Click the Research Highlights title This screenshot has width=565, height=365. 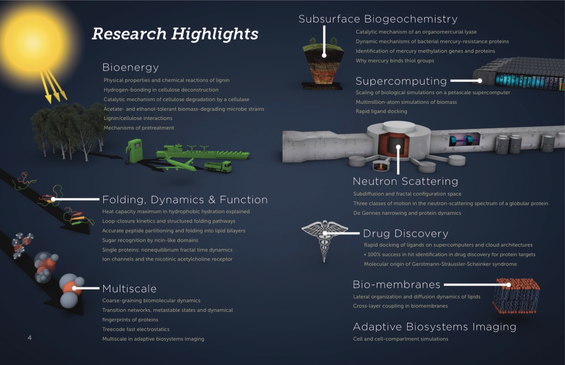click(x=175, y=34)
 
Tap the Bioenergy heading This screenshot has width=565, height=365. click(x=130, y=67)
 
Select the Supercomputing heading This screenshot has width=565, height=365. click(x=401, y=81)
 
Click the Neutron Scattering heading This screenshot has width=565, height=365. click(x=405, y=181)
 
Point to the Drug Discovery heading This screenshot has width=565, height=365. click(x=405, y=233)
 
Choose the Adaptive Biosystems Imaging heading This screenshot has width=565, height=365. click(x=435, y=327)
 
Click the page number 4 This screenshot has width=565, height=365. click(x=30, y=338)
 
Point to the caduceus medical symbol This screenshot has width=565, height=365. click(x=324, y=241)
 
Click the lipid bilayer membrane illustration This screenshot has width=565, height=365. click(x=516, y=296)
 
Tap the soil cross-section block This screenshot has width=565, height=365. click(x=323, y=64)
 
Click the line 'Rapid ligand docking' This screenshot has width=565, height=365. click(x=381, y=111)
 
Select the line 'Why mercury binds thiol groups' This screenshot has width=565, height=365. click(x=395, y=61)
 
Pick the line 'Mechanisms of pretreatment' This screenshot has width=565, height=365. click(x=139, y=128)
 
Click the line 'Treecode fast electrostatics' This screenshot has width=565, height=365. click(x=136, y=329)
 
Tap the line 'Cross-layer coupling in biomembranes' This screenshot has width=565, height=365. click(x=400, y=306)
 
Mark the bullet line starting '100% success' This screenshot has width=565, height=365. click(x=449, y=254)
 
